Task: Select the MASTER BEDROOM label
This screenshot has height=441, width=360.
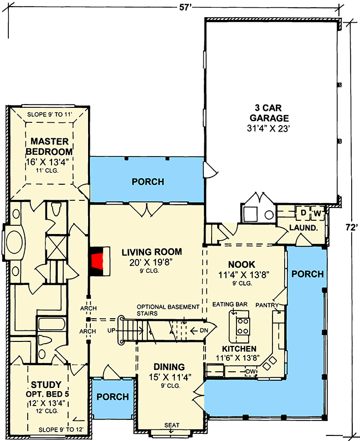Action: (52, 146)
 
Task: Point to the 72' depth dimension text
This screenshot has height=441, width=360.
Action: (349, 227)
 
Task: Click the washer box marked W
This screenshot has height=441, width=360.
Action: (317, 213)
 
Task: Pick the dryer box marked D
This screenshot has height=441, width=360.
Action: (304, 213)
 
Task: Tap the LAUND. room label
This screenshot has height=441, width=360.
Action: (304, 227)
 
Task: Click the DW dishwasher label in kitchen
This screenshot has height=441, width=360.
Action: (250, 371)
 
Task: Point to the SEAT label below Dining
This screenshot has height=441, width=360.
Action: (172, 425)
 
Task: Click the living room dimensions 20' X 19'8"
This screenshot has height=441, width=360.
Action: (151, 262)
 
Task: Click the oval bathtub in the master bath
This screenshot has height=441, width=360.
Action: (15, 241)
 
